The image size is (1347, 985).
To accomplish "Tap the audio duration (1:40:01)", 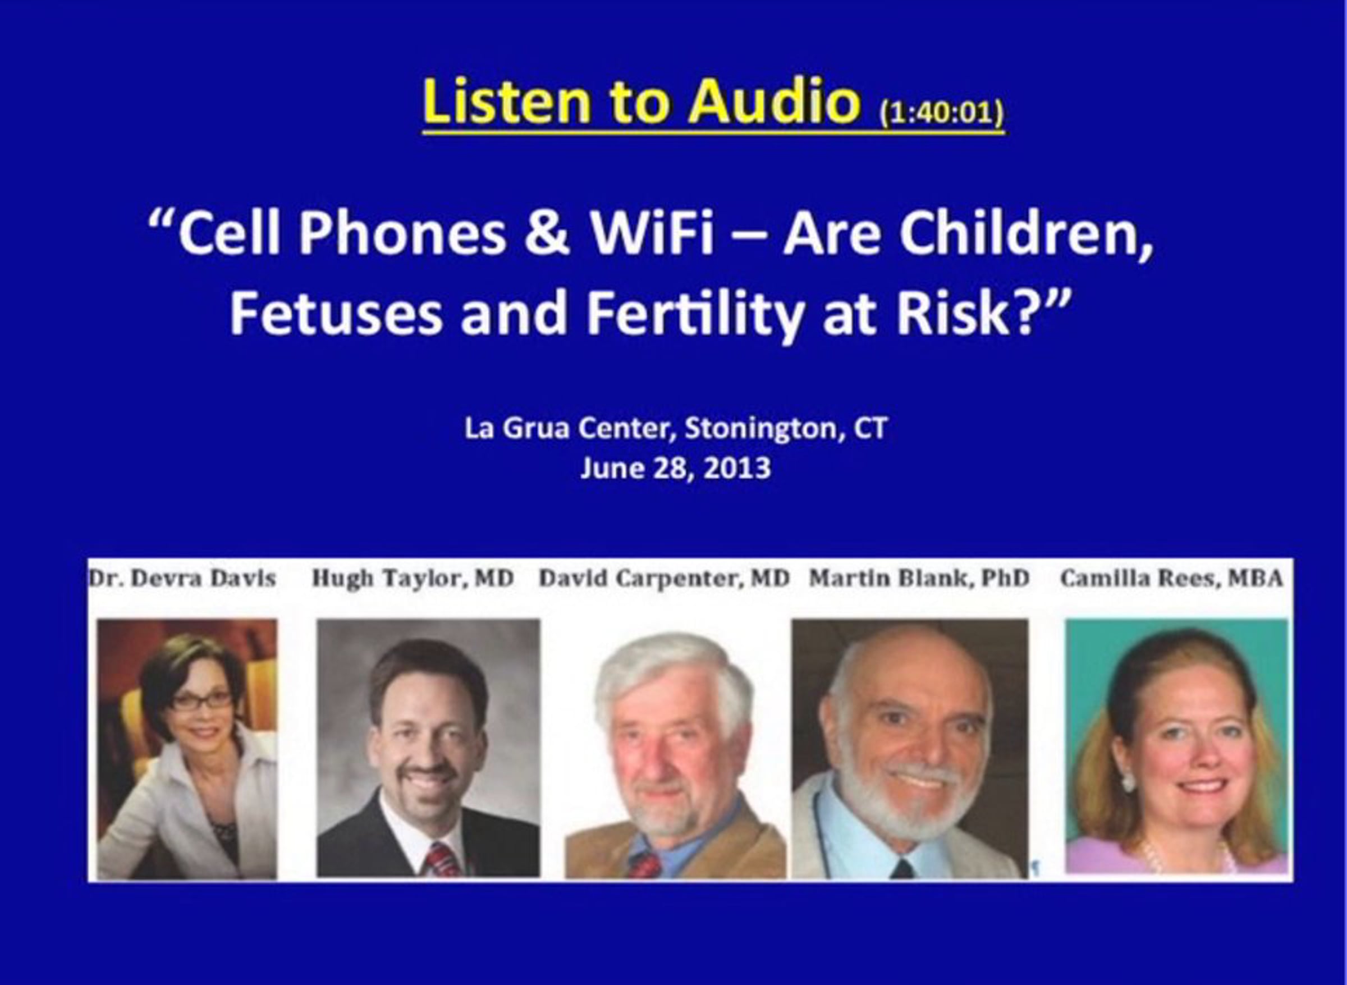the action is point(942,112).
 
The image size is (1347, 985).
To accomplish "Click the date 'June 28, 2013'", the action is point(675,469).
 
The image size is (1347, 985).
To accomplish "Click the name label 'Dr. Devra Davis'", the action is point(182,578).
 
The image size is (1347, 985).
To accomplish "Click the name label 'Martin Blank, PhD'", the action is point(919,578).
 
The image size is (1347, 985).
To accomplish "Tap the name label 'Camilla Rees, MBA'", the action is point(1171,578).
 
